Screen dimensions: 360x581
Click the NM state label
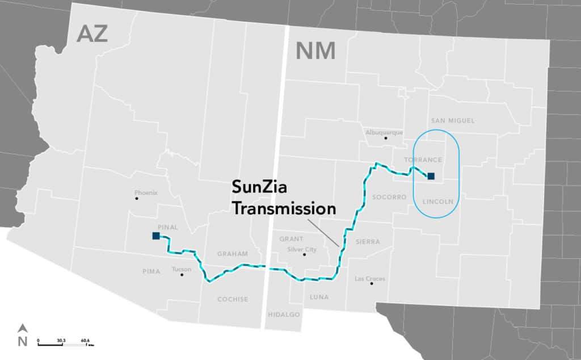pos(315,52)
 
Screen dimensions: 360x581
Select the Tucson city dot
pos(182,275)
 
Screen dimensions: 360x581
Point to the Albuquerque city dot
pos(386,138)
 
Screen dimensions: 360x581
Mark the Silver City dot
pos(305,254)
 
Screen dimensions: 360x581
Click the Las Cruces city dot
pos(372,283)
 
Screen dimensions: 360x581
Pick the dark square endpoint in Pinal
pos(156,236)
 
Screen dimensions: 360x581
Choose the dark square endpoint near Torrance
pos(431,176)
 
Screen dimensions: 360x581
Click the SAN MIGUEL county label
pos(452,120)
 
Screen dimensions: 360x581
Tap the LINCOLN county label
pos(438,202)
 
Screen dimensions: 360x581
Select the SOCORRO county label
pos(390,197)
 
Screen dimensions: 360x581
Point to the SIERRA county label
pos(367,241)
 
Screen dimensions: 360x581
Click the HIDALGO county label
pos(283,314)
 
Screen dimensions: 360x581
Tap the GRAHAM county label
pos(233,254)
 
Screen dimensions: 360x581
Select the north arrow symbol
pos(23,328)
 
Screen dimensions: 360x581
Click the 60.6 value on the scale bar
pos(86,340)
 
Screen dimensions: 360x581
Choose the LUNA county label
pos(319,296)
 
